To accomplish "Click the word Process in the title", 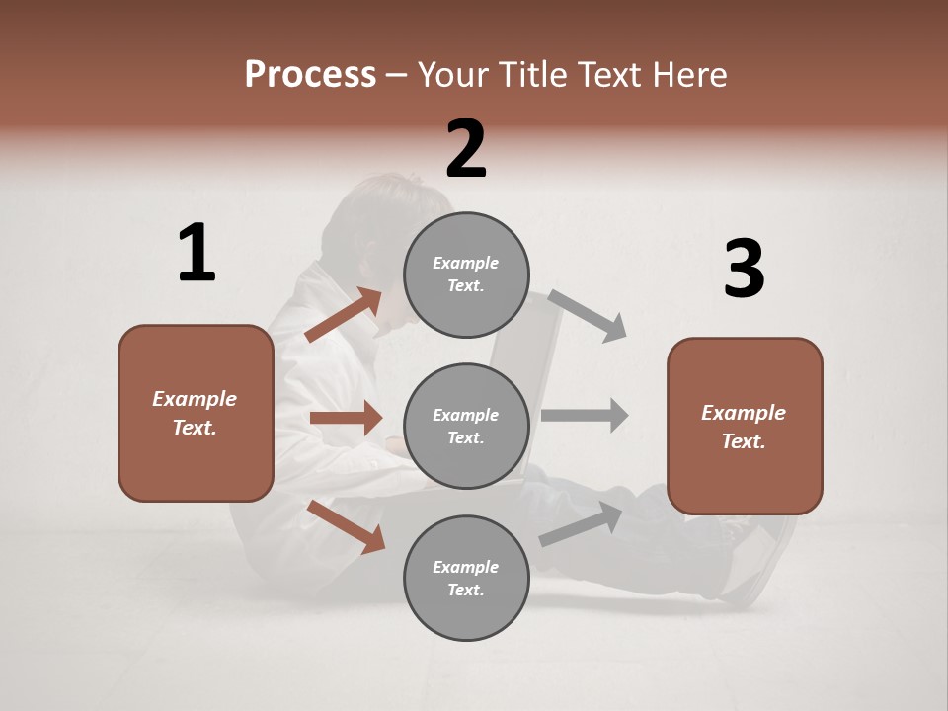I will click(310, 75).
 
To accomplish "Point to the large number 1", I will click(197, 254).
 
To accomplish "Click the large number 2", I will click(466, 149).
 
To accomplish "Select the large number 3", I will click(744, 270).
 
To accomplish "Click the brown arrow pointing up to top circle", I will click(344, 315).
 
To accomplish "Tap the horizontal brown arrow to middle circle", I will click(346, 418).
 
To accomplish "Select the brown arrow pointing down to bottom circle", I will click(347, 526).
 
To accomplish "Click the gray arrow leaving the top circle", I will click(588, 315).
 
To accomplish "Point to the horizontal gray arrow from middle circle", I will click(585, 415).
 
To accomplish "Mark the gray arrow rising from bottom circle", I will click(581, 523).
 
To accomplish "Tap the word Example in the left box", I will click(195, 399).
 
